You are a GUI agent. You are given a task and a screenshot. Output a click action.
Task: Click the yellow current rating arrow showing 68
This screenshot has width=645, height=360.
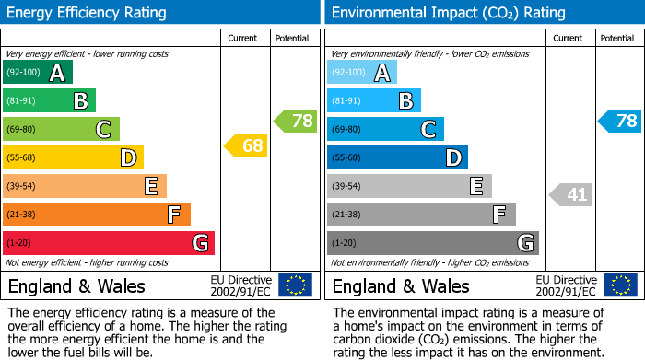[x=245, y=145]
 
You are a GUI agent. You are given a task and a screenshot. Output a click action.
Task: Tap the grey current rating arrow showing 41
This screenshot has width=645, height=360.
[x=570, y=194]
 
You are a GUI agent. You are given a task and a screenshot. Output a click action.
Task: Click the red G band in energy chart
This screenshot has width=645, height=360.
[x=109, y=243]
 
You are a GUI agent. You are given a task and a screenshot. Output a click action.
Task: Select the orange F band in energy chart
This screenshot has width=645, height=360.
[x=97, y=215]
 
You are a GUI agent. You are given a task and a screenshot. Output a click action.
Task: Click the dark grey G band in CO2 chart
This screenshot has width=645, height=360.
[x=432, y=243]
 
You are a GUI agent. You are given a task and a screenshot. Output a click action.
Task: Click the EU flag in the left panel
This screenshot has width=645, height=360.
[x=295, y=285]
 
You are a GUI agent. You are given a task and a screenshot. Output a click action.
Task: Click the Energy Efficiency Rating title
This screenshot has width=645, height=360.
[x=88, y=13]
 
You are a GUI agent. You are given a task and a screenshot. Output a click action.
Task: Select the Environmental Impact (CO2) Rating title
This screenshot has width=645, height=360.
[x=448, y=13]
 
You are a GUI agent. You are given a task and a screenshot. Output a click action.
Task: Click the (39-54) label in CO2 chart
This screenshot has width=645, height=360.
[x=348, y=187]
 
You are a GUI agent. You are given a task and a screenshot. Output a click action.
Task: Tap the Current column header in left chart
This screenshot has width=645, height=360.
[x=243, y=38]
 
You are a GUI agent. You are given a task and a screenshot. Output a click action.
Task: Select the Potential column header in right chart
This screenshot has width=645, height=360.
[x=617, y=38]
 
